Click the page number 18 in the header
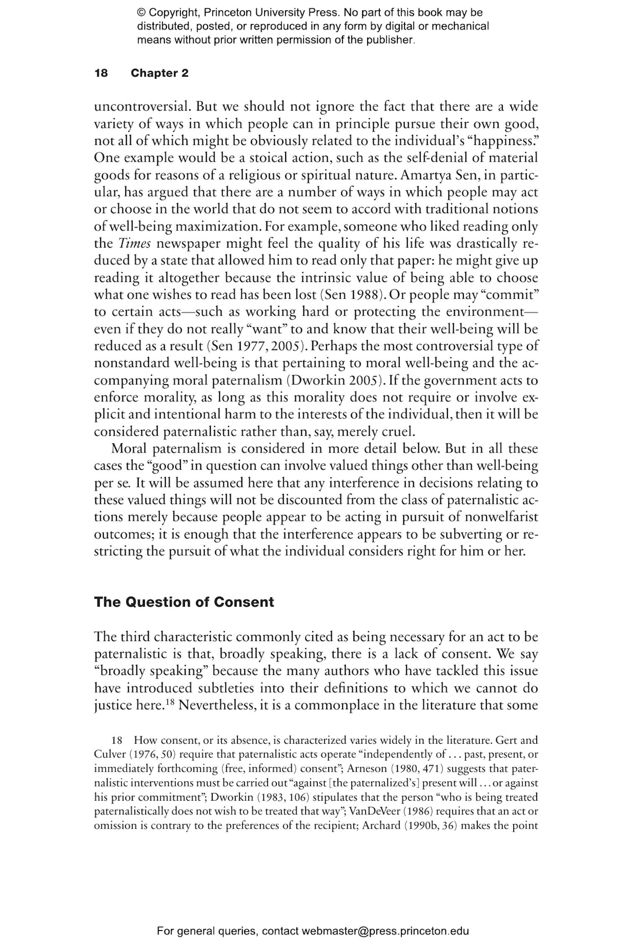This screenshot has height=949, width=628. click(101, 73)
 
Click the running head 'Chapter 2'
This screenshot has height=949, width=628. click(159, 73)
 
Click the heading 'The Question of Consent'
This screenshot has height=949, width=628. click(184, 602)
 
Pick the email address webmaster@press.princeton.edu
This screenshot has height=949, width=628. click(385, 931)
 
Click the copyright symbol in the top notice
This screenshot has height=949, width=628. click(141, 13)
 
